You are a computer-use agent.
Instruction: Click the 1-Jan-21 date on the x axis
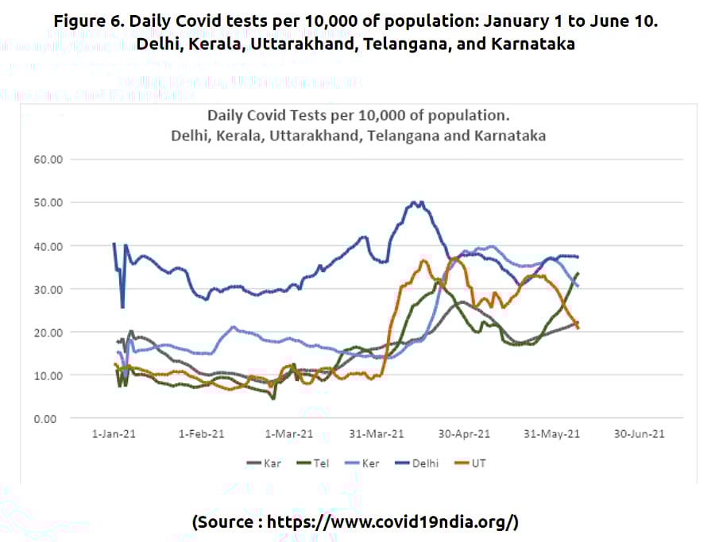click(113, 435)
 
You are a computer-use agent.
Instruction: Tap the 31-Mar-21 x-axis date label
click(377, 435)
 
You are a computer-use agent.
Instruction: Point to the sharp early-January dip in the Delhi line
click(122, 306)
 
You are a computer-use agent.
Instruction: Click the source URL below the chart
click(355, 521)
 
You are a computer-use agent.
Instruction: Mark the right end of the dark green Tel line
click(578, 273)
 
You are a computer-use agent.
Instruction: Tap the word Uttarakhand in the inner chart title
click(307, 135)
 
